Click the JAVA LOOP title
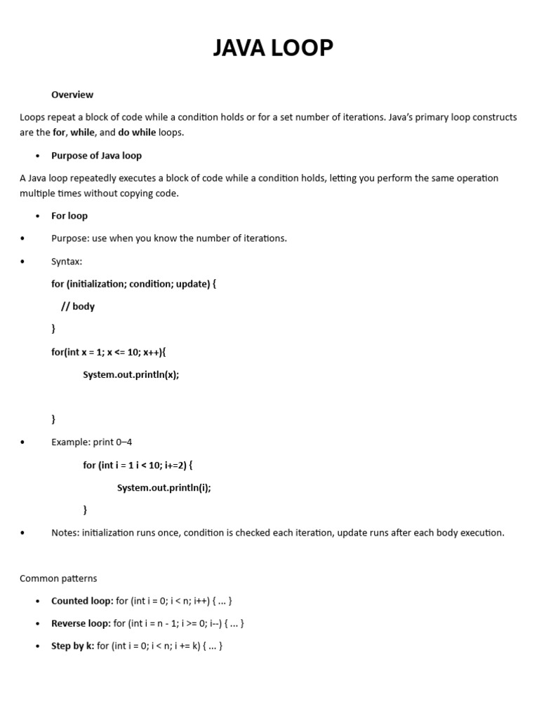(x=273, y=48)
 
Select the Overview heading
(x=72, y=95)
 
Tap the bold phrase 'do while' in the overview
(x=137, y=133)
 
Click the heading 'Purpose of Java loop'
(x=96, y=156)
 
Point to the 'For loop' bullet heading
(x=69, y=216)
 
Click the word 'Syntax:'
(x=67, y=262)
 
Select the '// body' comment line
(x=77, y=306)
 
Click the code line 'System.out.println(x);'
(x=131, y=374)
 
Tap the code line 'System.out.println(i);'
(x=164, y=488)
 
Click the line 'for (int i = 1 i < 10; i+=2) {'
(x=138, y=465)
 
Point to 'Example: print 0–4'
(x=91, y=442)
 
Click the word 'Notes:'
(x=65, y=533)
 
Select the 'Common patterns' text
(x=58, y=578)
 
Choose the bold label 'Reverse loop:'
(x=81, y=623)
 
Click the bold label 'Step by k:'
(x=72, y=646)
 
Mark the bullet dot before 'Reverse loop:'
(x=38, y=623)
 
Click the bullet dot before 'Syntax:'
(x=22, y=262)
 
